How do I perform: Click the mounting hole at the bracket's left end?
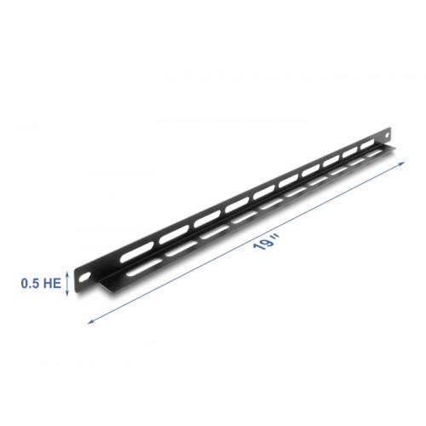click(86, 278)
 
